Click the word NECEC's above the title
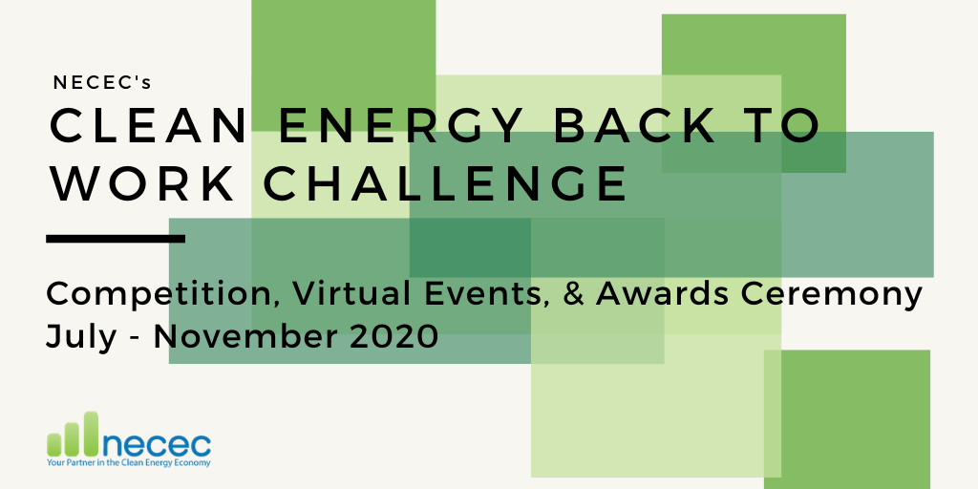102,82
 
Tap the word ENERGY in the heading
400,126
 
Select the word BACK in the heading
635,126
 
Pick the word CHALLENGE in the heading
445,183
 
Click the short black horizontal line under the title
116,238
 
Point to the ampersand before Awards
576,294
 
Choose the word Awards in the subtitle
662,294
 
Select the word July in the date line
81,337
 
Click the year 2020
393,337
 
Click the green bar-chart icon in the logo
73,434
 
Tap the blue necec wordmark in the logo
156,443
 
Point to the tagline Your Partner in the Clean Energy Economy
129,463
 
